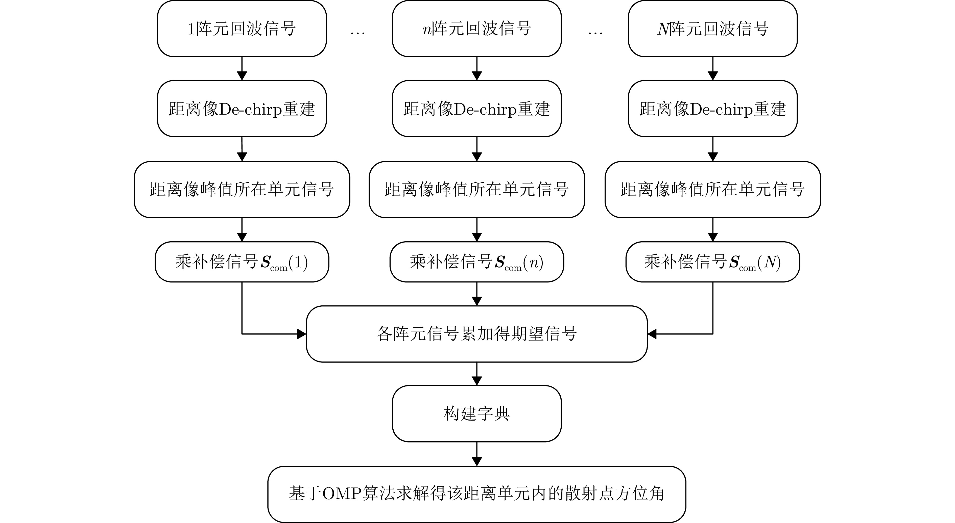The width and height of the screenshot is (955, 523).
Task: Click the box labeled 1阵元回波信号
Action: click(x=242, y=29)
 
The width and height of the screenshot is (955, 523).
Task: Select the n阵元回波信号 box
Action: click(x=476, y=29)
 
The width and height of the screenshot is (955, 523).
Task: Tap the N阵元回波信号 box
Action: click(x=712, y=29)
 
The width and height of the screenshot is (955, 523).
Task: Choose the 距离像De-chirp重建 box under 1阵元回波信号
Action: click(x=242, y=109)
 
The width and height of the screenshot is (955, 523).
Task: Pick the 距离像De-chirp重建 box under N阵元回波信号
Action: click(x=712, y=109)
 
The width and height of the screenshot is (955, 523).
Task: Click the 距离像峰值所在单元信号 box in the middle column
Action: click(x=476, y=189)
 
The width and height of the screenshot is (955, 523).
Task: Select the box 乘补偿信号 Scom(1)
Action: click(x=242, y=262)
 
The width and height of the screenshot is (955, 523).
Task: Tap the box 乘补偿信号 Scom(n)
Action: click(x=476, y=262)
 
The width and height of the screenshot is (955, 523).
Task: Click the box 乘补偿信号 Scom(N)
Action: click(x=712, y=262)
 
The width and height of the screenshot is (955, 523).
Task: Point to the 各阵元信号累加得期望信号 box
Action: click(x=476, y=334)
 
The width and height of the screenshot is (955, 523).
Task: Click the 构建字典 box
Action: click(x=476, y=413)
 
